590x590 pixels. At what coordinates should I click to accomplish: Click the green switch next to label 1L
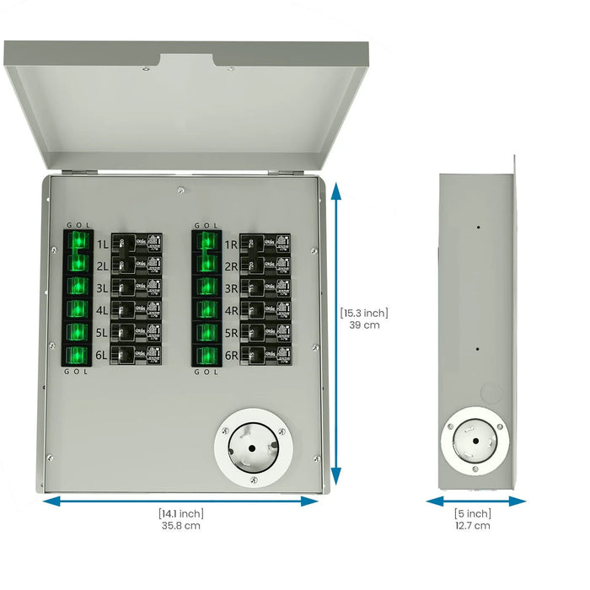[x=78, y=244]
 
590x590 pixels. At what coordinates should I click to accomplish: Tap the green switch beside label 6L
[x=78, y=355]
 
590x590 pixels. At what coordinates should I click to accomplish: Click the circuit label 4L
[x=102, y=310]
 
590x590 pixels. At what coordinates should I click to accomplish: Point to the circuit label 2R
[x=230, y=266]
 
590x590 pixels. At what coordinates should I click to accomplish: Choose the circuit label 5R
[x=230, y=332]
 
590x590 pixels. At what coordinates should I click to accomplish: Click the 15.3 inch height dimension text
[x=365, y=313]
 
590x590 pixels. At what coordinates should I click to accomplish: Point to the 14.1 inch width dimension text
[x=180, y=513]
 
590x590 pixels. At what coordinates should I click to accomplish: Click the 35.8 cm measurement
[x=180, y=526]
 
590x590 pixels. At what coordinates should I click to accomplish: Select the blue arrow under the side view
[x=476, y=501]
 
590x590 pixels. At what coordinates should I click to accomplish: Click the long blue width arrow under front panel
[x=180, y=501]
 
